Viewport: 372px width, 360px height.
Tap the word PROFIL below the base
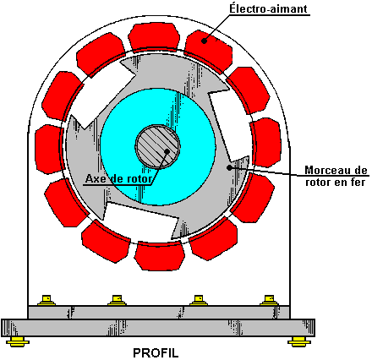pyautogui.click(x=156, y=352)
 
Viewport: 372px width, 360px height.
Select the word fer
pyautogui.click(x=357, y=183)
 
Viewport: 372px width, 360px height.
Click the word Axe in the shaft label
pyautogui.click(x=96, y=178)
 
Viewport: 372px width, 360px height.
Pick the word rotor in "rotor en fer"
pyautogui.click(x=318, y=183)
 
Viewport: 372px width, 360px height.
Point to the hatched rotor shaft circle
pyautogui.click(x=157, y=146)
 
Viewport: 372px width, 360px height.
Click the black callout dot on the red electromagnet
pyautogui.click(x=205, y=41)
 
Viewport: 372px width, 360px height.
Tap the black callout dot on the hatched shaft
pyautogui.click(x=167, y=151)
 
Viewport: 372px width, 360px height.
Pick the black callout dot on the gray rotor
pyautogui.click(x=229, y=167)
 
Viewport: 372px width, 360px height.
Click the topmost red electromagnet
pyautogui.click(x=154, y=36)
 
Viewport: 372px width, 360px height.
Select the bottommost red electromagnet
pyautogui.click(x=160, y=256)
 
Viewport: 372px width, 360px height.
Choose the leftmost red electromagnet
pyautogui.click(x=48, y=149)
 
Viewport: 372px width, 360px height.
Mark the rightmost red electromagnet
pyautogui.click(x=266, y=142)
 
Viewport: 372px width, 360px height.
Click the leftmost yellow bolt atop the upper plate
pyautogui.click(x=46, y=300)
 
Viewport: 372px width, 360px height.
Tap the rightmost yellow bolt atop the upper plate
pyautogui.click(x=269, y=300)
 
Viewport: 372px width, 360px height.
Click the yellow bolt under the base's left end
pyautogui.click(x=18, y=341)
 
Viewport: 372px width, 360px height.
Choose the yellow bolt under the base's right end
pyautogui.click(x=299, y=341)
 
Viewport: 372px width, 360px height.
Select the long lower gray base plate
pyautogui.click(x=158, y=328)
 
